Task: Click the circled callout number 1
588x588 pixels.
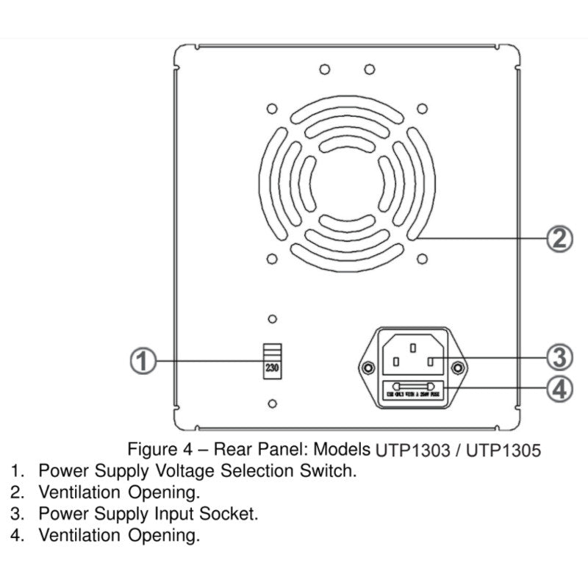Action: [143, 362]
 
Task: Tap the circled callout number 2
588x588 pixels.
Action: [559, 238]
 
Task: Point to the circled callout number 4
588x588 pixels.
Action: [559, 387]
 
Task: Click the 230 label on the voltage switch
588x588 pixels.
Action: [272, 370]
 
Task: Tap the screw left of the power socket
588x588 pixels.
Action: [365, 367]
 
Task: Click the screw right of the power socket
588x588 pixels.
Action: [458, 367]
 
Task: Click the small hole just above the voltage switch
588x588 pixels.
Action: [272, 319]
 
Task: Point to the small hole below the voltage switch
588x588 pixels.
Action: [272, 404]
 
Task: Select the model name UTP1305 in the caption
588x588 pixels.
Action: [503, 450]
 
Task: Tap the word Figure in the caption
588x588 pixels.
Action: [150, 449]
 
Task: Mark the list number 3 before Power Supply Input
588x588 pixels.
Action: [16, 514]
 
